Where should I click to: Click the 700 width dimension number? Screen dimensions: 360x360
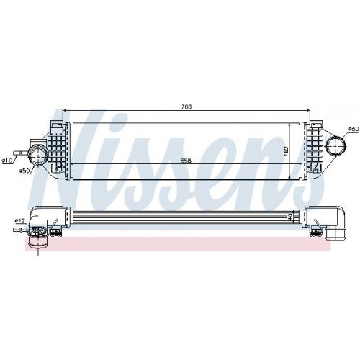(x=186, y=107)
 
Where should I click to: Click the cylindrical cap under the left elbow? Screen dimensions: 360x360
(x=38, y=239)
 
